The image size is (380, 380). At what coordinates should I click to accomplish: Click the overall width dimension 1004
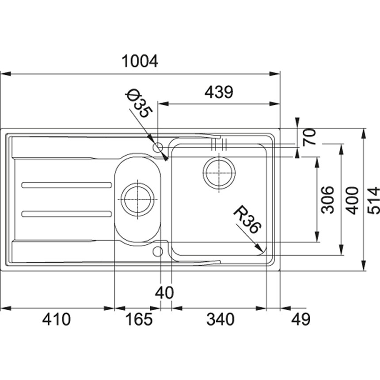coord(140,61)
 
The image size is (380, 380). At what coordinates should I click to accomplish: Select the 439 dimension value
coord(219,92)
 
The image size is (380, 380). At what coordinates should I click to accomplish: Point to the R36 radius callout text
coord(247,219)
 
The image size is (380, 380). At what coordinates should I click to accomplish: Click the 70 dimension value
coord(309,137)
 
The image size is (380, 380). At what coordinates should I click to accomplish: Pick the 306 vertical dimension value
coord(327,200)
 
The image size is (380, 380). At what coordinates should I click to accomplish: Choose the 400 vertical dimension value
coord(352,201)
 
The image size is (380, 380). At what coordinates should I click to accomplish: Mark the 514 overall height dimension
coord(373,201)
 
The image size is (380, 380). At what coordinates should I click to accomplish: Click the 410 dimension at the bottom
coord(57,319)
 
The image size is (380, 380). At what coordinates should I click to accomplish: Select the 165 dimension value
coord(139,319)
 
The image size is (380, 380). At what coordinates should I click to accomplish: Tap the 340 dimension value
coord(220,319)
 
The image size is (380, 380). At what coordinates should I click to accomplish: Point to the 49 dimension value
coord(300,319)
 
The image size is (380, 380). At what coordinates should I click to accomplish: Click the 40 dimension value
coord(164,293)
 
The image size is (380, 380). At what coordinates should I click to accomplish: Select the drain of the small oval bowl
coord(137,199)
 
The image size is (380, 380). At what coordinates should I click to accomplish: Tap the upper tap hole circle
coord(158,147)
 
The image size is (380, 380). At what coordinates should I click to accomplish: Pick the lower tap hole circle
coord(158,251)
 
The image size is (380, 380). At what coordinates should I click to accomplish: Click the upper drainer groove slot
coord(67,185)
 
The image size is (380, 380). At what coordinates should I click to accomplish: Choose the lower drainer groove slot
coord(67,214)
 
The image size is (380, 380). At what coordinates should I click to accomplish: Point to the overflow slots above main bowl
coord(219,144)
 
